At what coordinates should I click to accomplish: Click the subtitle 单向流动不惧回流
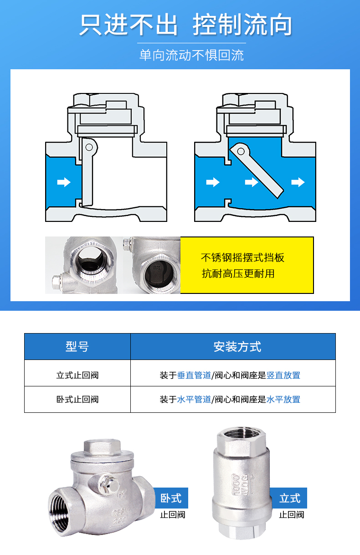pos(191,56)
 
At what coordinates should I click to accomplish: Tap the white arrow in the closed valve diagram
pos(64,182)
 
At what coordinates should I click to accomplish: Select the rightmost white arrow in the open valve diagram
pos(298,182)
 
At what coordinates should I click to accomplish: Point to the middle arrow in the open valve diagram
pos(252,182)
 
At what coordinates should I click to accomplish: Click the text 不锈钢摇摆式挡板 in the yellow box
pos(242,257)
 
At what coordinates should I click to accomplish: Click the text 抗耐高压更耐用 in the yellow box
pos(238,273)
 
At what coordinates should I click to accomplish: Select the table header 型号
pos(77,347)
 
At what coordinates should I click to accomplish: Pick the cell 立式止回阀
pos(77,375)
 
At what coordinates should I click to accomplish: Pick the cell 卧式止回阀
pos(77,400)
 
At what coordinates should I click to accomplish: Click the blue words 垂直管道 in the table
pos(194,375)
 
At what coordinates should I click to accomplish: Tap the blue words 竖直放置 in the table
pos(283,375)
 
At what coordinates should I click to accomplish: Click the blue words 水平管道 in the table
pos(194,400)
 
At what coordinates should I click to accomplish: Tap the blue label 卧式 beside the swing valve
pos(171,498)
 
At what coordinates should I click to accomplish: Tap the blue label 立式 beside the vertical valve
pos(290,498)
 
